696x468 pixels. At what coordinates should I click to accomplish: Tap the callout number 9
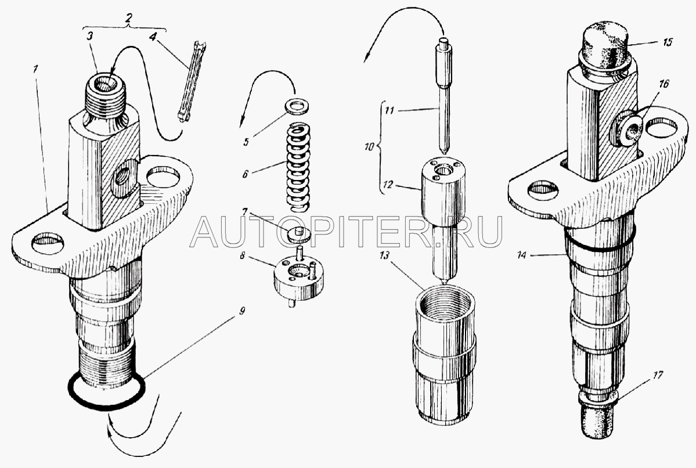click(242, 311)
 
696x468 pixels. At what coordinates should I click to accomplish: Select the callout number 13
click(384, 254)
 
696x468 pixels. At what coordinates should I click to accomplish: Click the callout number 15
click(668, 42)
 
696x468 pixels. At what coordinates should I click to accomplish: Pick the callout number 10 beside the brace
click(369, 146)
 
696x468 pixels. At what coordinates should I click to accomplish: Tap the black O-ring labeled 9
click(107, 406)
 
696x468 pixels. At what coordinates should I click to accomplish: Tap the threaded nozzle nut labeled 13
click(445, 355)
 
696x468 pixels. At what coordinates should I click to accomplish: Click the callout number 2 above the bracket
click(129, 19)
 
